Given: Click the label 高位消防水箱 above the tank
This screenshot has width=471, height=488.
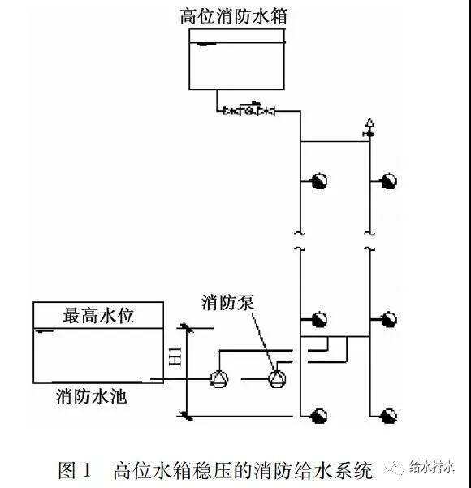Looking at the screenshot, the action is pyautogui.click(x=234, y=16).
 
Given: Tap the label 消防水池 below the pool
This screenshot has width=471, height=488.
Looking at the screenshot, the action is pyautogui.click(x=92, y=396).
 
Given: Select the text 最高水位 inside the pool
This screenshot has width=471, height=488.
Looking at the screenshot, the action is pyautogui.click(x=98, y=316).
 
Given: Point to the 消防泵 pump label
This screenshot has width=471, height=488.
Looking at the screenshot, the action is pyautogui.click(x=228, y=302).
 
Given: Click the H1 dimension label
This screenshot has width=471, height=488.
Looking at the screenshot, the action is pyautogui.click(x=175, y=356).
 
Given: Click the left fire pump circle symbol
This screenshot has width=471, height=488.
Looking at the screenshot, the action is pyautogui.click(x=218, y=378).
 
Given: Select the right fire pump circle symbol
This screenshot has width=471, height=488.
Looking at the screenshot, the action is pyautogui.click(x=277, y=378).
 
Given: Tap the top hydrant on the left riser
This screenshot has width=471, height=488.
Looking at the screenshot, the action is pyautogui.click(x=319, y=181).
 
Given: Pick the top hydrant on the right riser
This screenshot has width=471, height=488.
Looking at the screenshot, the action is pyautogui.click(x=389, y=181).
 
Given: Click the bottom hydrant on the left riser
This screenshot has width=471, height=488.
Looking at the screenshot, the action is pyautogui.click(x=319, y=416).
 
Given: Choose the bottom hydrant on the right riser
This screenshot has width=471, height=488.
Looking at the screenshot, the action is pyautogui.click(x=389, y=416).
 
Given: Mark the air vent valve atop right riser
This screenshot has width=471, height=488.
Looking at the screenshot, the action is pyautogui.click(x=369, y=128).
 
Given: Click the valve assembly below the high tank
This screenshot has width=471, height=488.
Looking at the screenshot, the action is pyautogui.click(x=249, y=110).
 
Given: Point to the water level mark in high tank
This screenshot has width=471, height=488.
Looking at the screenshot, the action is pyautogui.click(x=206, y=44).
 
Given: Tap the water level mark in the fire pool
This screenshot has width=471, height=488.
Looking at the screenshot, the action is pyautogui.click(x=45, y=331).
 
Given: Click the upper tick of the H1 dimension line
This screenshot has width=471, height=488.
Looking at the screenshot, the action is pyautogui.click(x=186, y=328).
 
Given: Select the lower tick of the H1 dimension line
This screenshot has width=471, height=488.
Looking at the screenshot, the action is pyautogui.click(x=186, y=416).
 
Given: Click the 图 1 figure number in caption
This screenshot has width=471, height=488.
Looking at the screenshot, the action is pyautogui.click(x=75, y=469).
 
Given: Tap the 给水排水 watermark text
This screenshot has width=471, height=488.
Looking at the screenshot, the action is pyautogui.click(x=432, y=467).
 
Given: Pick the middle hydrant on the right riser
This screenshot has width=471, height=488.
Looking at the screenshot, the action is pyautogui.click(x=389, y=319).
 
